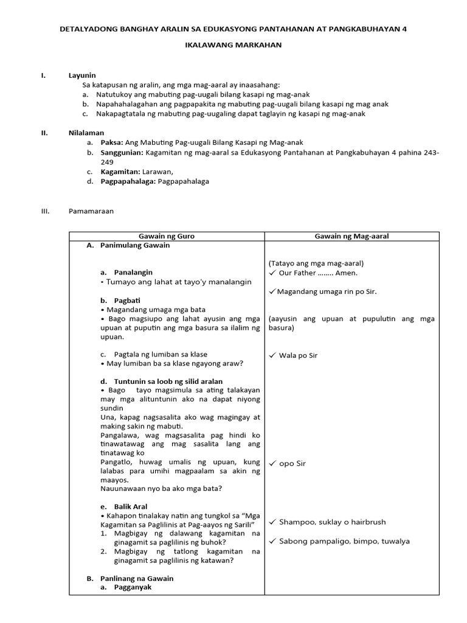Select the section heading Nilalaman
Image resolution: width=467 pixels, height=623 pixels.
click(x=86, y=132)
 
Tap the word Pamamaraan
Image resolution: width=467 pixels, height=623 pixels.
click(x=91, y=211)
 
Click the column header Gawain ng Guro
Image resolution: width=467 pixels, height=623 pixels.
click(x=166, y=236)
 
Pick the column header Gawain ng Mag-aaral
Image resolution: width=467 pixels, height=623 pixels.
click(x=351, y=236)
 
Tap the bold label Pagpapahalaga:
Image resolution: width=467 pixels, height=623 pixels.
click(x=128, y=181)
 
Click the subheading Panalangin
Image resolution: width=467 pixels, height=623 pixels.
click(x=133, y=272)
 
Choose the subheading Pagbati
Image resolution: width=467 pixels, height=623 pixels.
click(x=127, y=300)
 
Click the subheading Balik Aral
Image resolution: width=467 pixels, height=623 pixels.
click(x=131, y=506)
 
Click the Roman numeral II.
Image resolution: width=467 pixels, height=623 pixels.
click(x=44, y=132)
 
